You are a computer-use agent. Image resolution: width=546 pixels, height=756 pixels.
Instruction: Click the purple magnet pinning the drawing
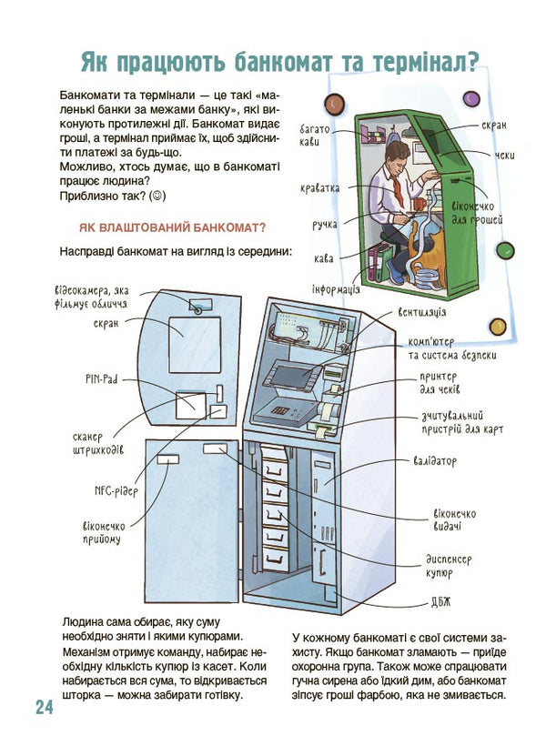click(470, 96)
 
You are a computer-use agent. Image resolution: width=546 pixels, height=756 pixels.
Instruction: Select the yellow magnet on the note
click(496, 327)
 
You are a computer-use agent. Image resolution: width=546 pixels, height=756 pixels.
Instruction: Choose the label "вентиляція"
click(421, 313)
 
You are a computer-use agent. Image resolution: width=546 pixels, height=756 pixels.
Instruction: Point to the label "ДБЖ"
click(440, 601)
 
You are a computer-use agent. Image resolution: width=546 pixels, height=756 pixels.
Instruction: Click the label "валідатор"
click(434, 461)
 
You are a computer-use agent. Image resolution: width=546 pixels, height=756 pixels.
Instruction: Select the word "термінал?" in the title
click(421, 61)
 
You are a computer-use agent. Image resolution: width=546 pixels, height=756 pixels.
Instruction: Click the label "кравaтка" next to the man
click(319, 188)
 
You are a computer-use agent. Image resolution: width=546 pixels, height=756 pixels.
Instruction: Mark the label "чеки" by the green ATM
click(504, 156)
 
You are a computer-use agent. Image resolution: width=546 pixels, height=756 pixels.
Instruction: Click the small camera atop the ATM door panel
click(195, 307)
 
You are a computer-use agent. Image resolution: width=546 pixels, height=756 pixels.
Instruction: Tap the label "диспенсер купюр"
click(447, 567)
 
